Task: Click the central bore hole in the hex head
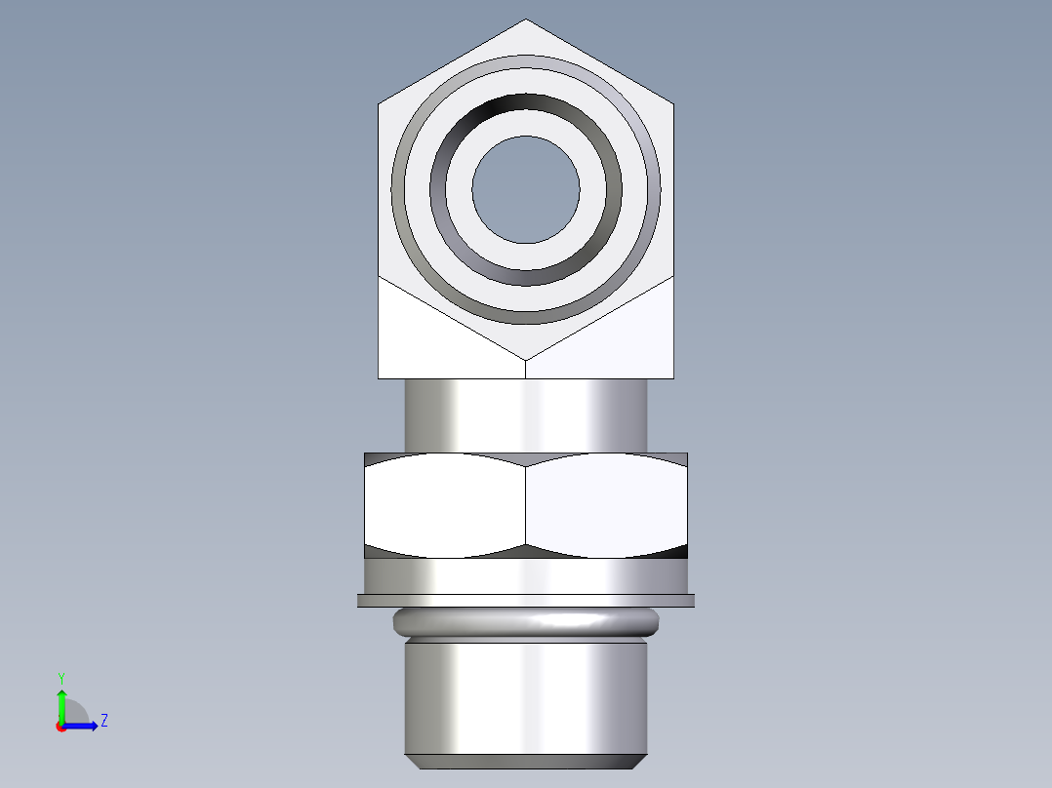point(526,189)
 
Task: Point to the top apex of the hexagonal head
point(526,21)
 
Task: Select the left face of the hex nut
point(445,504)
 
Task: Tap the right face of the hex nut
point(606,504)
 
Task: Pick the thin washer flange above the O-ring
point(526,601)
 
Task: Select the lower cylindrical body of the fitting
point(526,696)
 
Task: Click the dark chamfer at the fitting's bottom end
point(526,761)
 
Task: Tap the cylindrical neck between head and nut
point(526,415)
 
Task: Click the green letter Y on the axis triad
point(61,676)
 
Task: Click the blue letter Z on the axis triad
point(103,721)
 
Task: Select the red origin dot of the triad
point(61,726)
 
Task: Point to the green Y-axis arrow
point(61,704)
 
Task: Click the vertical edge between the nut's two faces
point(526,504)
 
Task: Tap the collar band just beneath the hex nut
point(526,575)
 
